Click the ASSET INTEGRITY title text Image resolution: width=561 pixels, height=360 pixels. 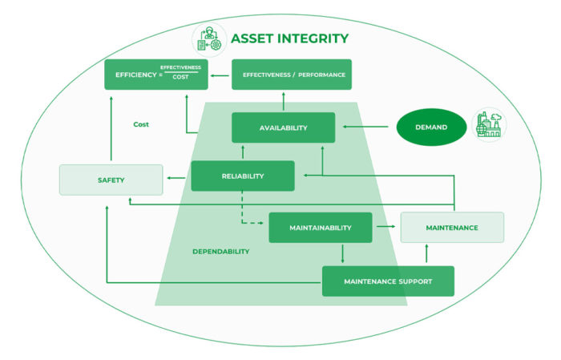click(x=289, y=38)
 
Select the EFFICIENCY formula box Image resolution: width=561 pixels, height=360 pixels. click(x=155, y=75)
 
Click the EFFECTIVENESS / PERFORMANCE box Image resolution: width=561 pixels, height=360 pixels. click(x=291, y=75)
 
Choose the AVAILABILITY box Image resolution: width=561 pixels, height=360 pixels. click(x=283, y=127)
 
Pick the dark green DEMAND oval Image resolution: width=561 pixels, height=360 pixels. click(x=431, y=127)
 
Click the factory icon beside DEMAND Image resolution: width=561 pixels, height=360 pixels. click(x=489, y=126)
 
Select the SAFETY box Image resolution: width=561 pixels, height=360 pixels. click(x=111, y=180)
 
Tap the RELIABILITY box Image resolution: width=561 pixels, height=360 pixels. click(x=242, y=176)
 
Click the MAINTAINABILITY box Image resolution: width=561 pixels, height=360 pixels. click(x=320, y=228)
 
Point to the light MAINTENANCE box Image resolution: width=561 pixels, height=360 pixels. click(x=452, y=228)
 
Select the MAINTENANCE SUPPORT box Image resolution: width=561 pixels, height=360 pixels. click(x=388, y=281)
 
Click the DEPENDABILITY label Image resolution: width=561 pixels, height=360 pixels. click(x=220, y=251)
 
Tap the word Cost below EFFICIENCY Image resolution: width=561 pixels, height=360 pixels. click(x=142, y=124)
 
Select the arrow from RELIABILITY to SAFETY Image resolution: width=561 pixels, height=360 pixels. click(x=177, y=178)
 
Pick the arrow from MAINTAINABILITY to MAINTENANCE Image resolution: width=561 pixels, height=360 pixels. click(x=385, y=228)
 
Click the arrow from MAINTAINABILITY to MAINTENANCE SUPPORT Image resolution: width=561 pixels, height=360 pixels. click(x=343, y=254)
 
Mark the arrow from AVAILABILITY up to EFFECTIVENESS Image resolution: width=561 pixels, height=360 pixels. click(x=283, y=101)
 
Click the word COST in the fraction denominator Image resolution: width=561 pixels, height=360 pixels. click(x=180, y=77)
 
